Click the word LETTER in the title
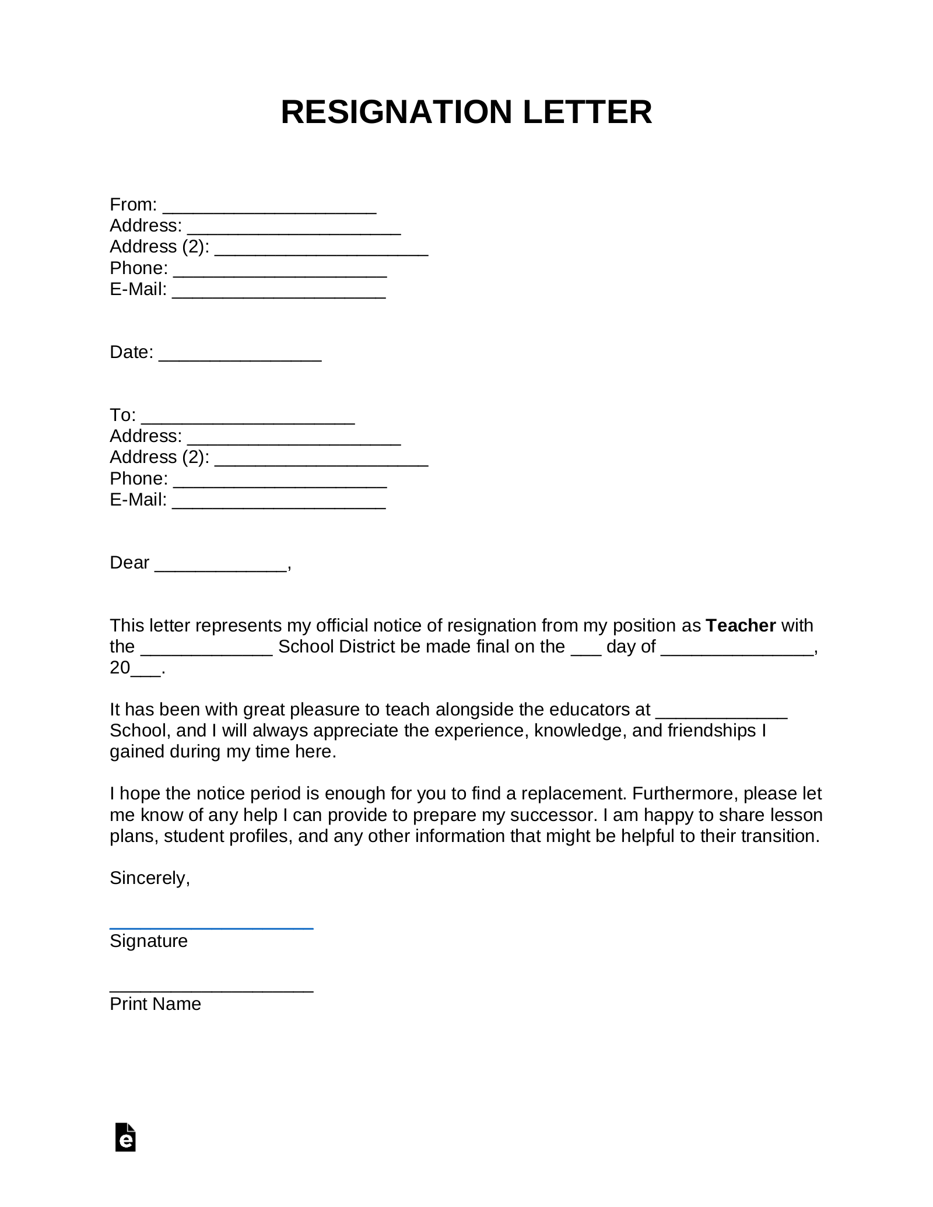pyautogui.click(x=587, y=112)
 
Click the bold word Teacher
pyautogui.click(x=741, y=626)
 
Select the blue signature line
pyautogui.click(x=211, y=928)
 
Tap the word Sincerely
pyautogui.click(x=149, y=878)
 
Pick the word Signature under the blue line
pyautogui.click(x=149, y=941)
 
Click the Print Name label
pyautogui.click(x=155, y=1004)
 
